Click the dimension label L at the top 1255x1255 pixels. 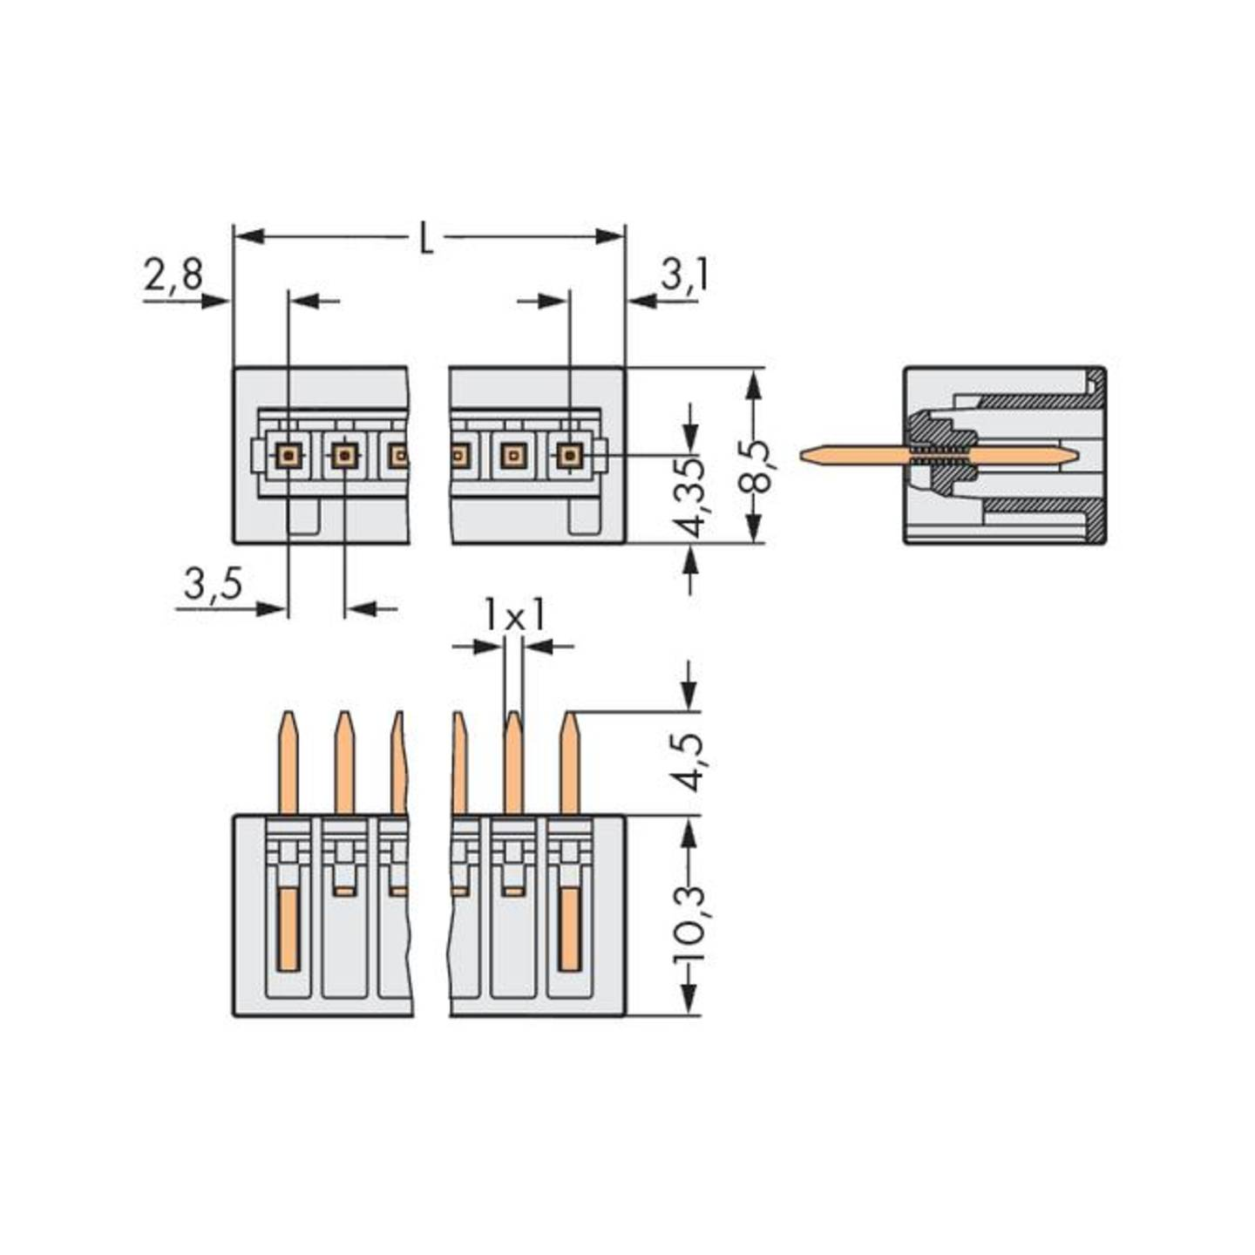click(426, 239)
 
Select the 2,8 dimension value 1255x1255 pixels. click(173, 275)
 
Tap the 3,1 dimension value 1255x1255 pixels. click(684, 275)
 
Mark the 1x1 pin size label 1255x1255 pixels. click(514, 616)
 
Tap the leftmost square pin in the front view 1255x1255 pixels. click(288, 455)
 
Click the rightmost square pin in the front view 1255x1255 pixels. click(569, 455)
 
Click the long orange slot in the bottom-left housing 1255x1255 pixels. click(288, 929)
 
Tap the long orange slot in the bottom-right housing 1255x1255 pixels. click(569, 929)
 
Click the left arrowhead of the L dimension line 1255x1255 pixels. click(249, 236)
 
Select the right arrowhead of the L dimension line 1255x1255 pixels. click(609, 236)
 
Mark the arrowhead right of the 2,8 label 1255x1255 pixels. click(214, 302)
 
